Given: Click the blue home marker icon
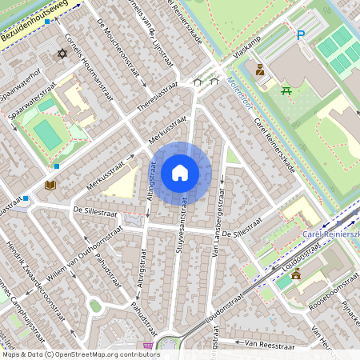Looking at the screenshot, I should [x=179, y=173].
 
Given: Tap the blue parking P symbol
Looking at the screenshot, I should [x=301, y=34].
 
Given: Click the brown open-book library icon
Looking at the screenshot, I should [x=50, y=185].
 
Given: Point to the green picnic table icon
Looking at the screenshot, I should [x=286, y=90].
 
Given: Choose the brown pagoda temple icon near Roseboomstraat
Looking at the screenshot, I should [x=296, y=274].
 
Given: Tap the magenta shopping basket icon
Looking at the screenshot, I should [x=147, y=347].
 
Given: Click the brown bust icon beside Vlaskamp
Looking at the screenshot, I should [x=259, y=70].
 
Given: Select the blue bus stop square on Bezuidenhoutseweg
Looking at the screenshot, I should [x=47, y=22].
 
